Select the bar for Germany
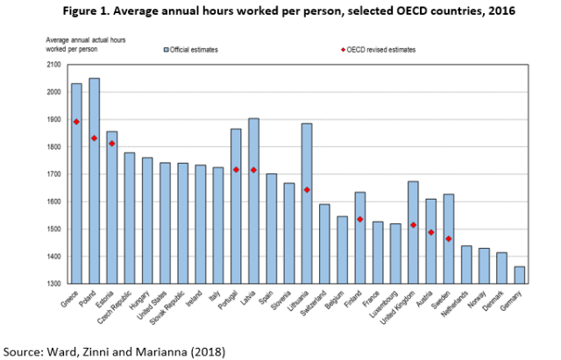coord(520,276)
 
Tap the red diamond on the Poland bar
coord(94,138)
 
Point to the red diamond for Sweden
coord(448,238)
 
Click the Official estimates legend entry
coord(195,49)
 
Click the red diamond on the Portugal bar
coord(236,170)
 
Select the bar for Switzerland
coord(324,244)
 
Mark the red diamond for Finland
coord(360,219)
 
